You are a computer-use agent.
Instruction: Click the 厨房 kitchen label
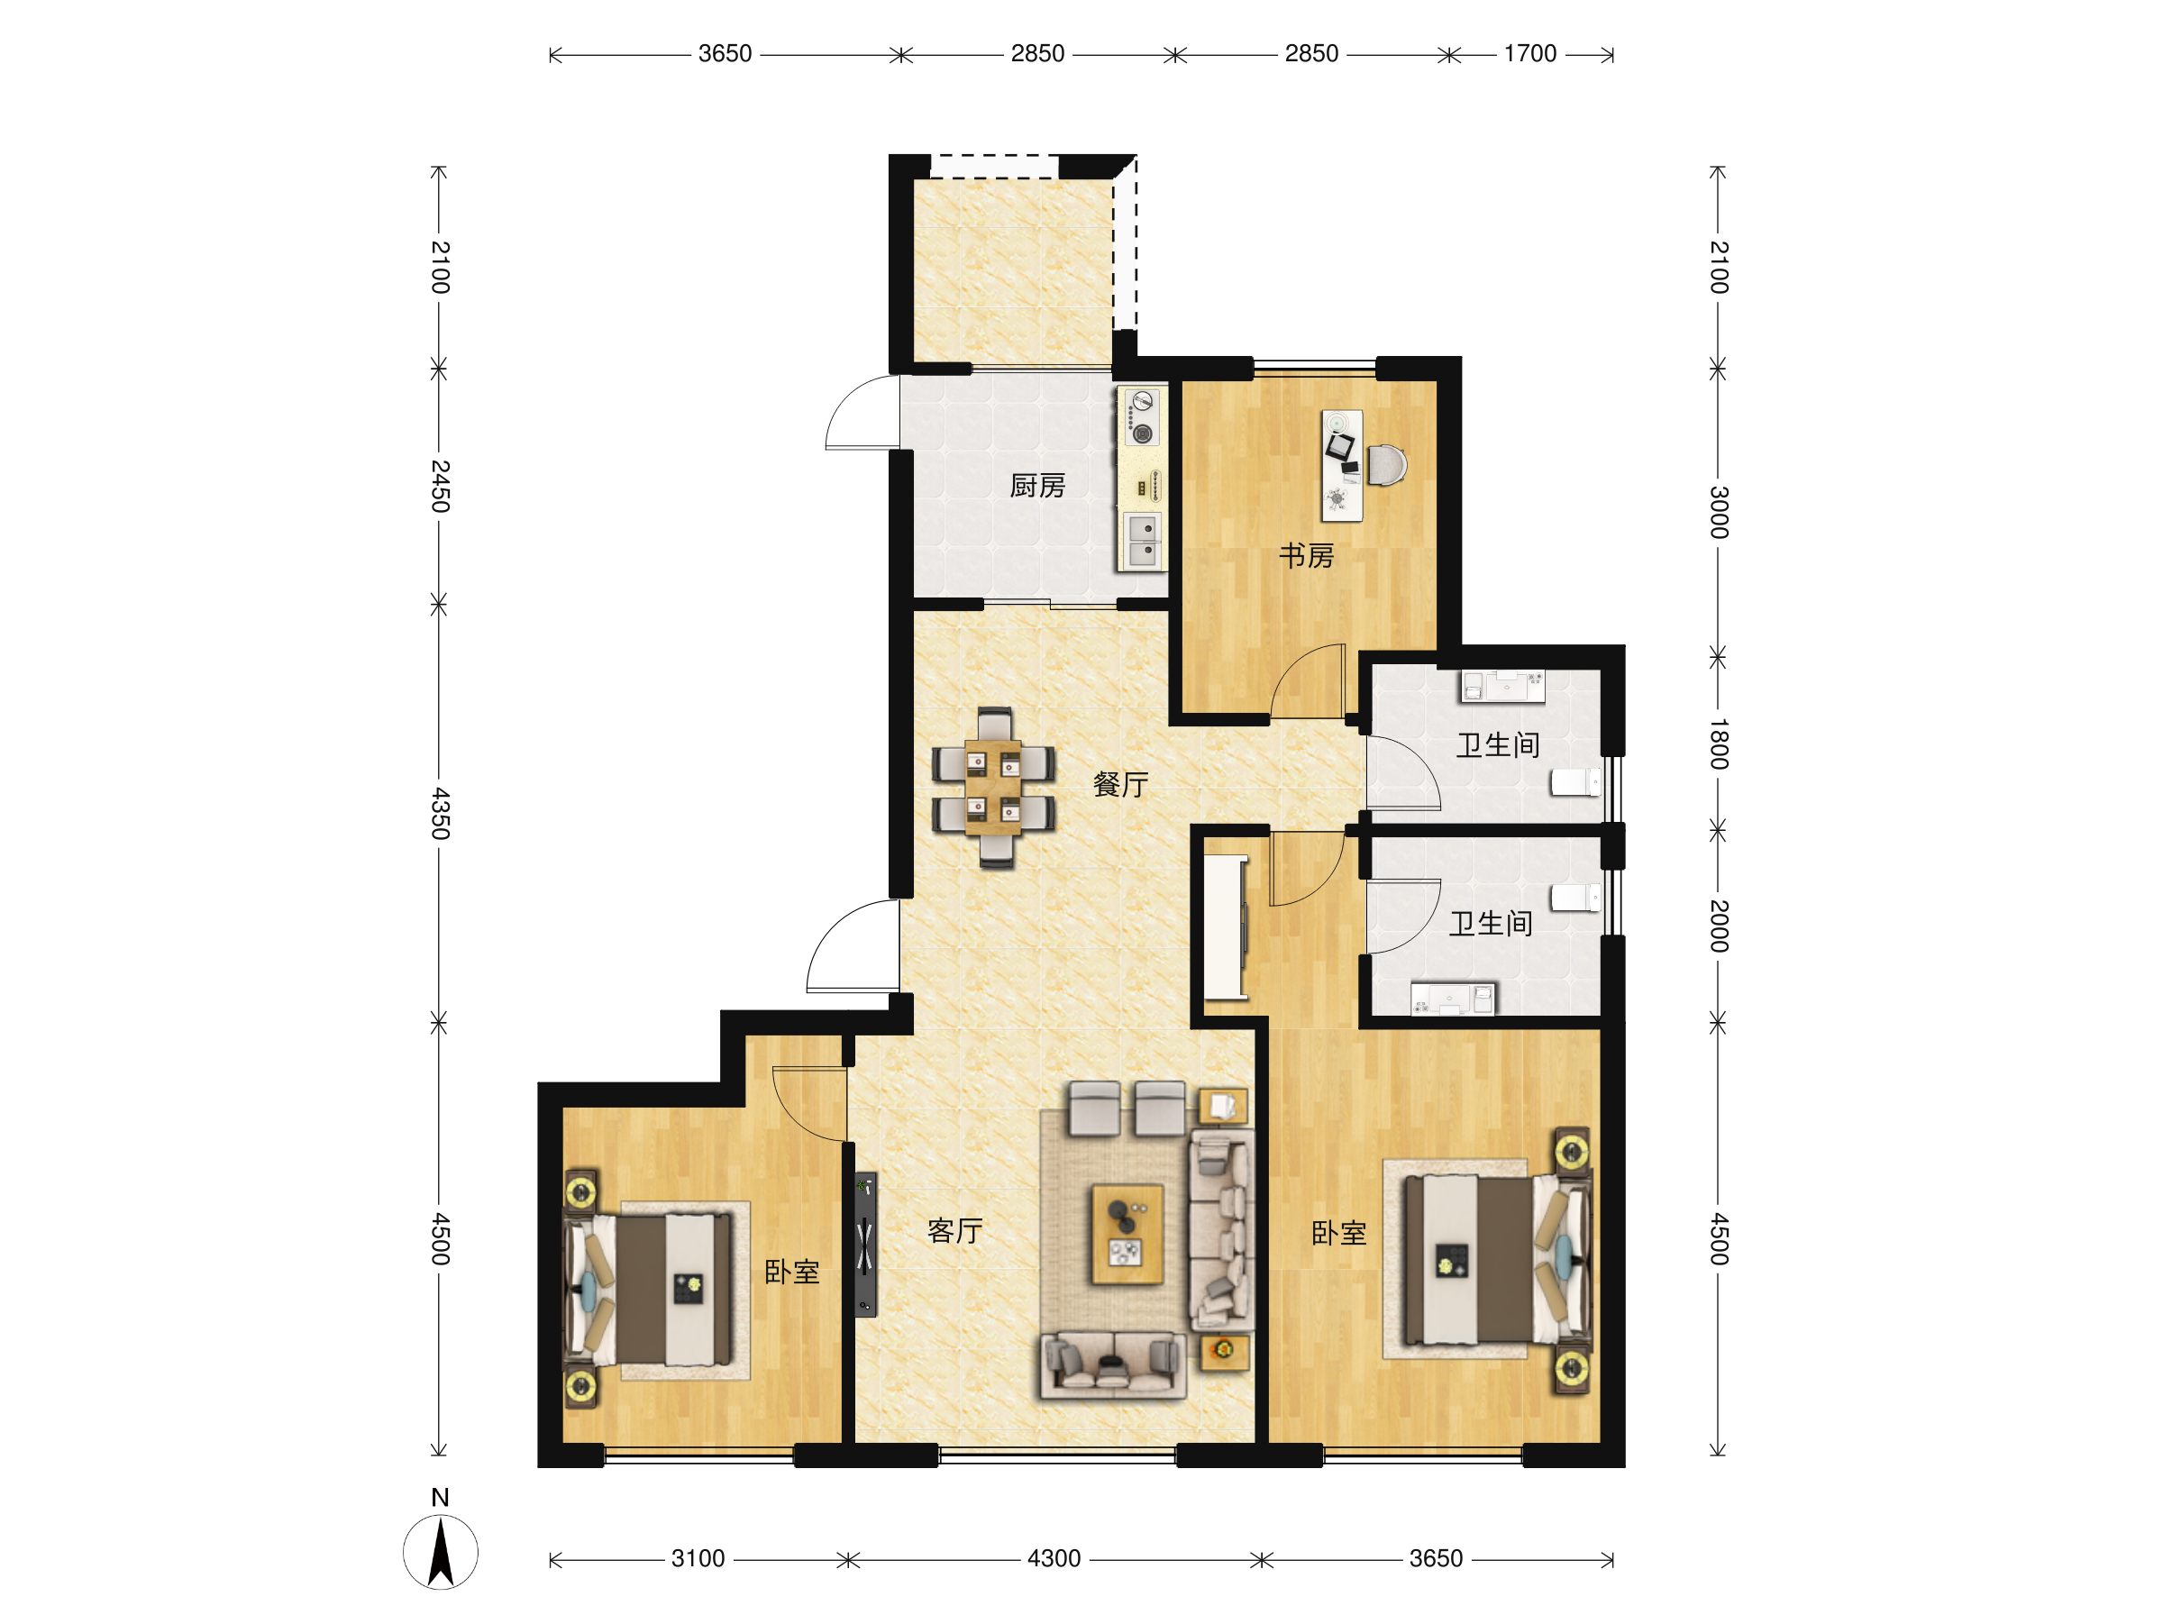click(x=1037, y=486)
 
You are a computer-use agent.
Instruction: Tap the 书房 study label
click(x=1307, y=556)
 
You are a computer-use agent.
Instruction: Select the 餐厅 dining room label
click(x=1120, y=784)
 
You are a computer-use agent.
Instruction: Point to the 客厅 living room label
click(x=955, y=1231)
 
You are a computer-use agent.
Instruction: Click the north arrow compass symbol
click(x=441, y=1551)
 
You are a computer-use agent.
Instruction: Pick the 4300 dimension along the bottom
click(x=1054, y=1558)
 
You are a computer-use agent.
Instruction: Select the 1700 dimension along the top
click(x=1530, y=54)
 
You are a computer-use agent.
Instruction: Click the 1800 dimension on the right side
click(x=1719, y=744)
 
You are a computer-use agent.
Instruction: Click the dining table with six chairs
click(x=993, y=788)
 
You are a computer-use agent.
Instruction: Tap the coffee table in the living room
click(x=1127, y=1235)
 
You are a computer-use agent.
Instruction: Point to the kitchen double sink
click(x=1142, y=541)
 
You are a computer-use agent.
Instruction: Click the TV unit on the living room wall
click(x=865, y=1245)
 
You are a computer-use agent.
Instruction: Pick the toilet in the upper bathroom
click(x=1575, y=782)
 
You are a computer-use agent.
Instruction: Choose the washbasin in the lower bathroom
click(x=1453, y=999)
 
